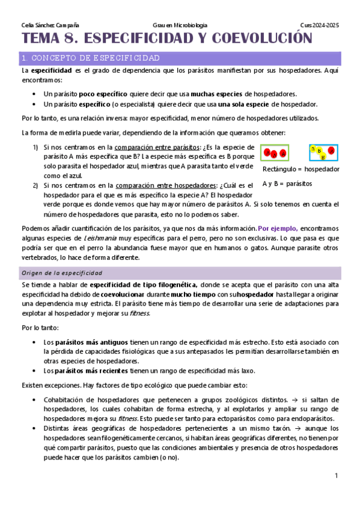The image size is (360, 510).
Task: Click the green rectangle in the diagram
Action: [274, 153]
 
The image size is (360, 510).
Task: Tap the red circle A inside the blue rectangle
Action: [331, 151]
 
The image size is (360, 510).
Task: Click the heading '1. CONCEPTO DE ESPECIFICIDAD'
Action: [90, 58]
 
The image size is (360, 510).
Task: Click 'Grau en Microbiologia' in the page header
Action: [180, 25]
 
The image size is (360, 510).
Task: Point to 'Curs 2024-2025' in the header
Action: [320, 25]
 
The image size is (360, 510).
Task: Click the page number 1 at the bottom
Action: [337, 476]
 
